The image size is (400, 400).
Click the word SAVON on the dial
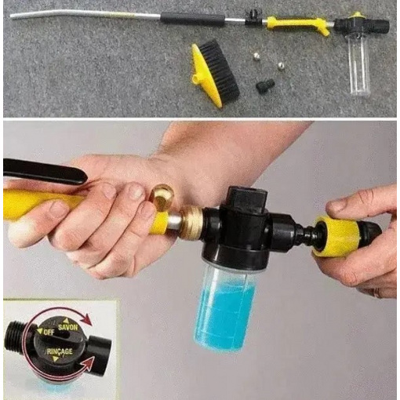pos(68,327)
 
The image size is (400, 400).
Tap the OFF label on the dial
pos(49,333)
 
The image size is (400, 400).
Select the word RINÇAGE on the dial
pos(60,351)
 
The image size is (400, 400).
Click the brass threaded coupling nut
pos(191,220)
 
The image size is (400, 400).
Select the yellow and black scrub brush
pos(215,75)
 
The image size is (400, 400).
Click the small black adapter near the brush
pos(265,85)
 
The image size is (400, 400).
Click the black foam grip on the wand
pos(193,19)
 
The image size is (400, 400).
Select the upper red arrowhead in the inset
pos(86,319)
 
